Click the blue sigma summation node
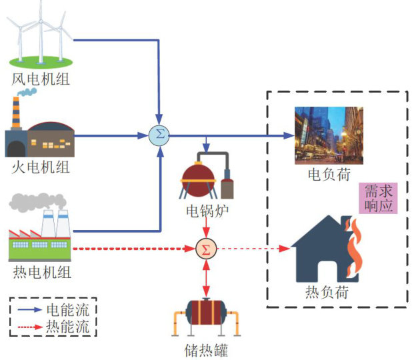pos(159,135)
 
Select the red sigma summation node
pos(206,249)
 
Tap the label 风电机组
pos(41,79)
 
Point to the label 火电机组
pos(41,167)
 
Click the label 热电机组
pos(42,272)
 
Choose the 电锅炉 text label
pos(207,211)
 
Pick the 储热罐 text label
pos(206,350)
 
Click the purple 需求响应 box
pos(379,198)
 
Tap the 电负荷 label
pos(329,174)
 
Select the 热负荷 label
pos(327,292)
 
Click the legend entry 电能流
pos(68,310)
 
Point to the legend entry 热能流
pos(68,327)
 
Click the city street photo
pos(329,135)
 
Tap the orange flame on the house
pos(354,247)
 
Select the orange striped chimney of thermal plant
pos(16,112)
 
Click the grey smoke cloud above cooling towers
pos(37,202)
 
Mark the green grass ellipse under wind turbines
pos(41,62)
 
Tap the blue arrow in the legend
pos(30,309)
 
